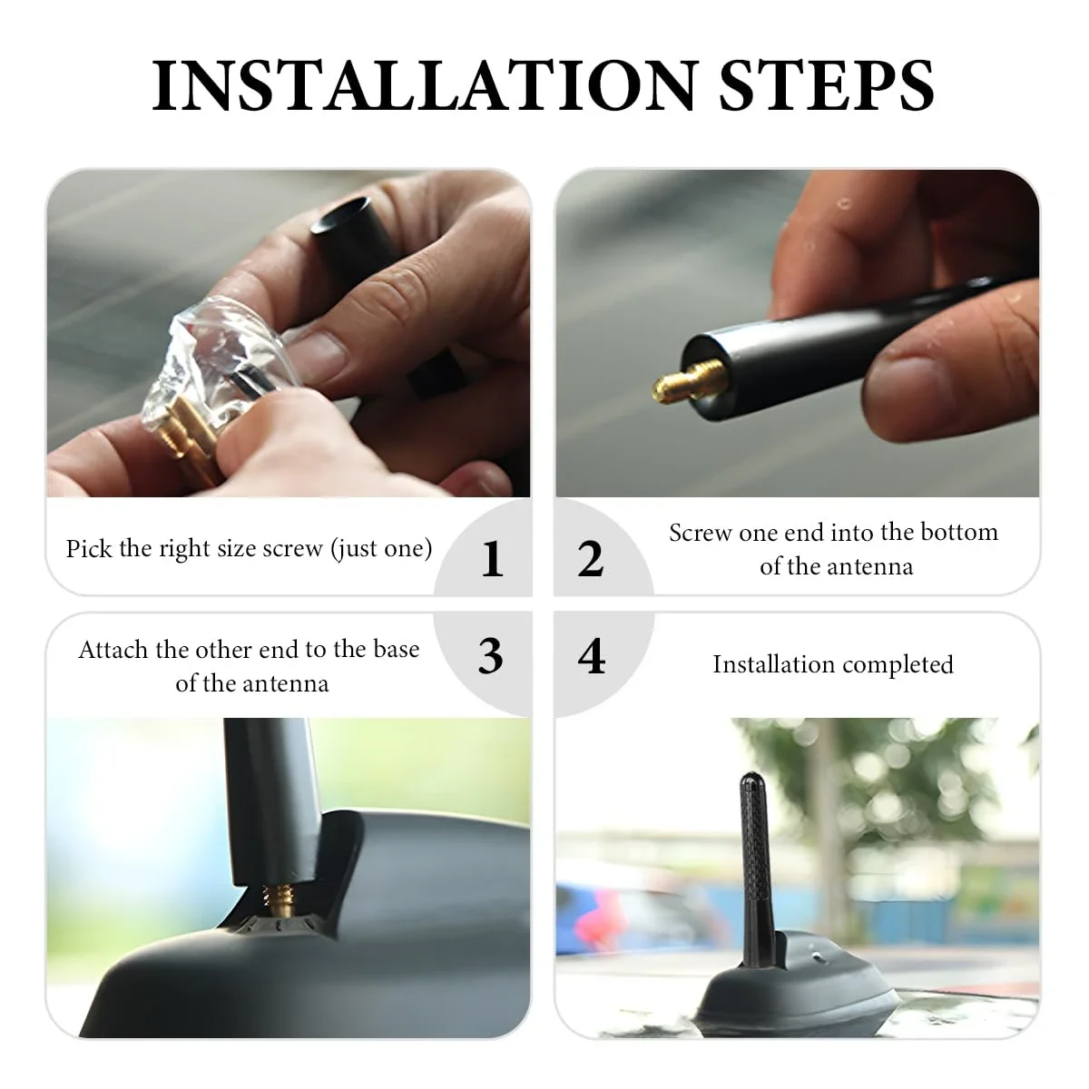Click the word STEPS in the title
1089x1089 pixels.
click(x=827, y=85)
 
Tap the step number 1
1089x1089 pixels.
click(x=492, y=558)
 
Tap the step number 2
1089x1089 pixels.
click(x=591, y=558)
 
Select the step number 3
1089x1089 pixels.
click(x=490, y=656)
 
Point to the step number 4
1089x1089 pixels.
click(x=591, y=656)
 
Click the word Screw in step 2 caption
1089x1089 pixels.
click(x=701, y=533)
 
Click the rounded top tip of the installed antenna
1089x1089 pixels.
click(x=751, y=779)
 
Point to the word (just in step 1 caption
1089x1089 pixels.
click(x=355, y=548)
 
